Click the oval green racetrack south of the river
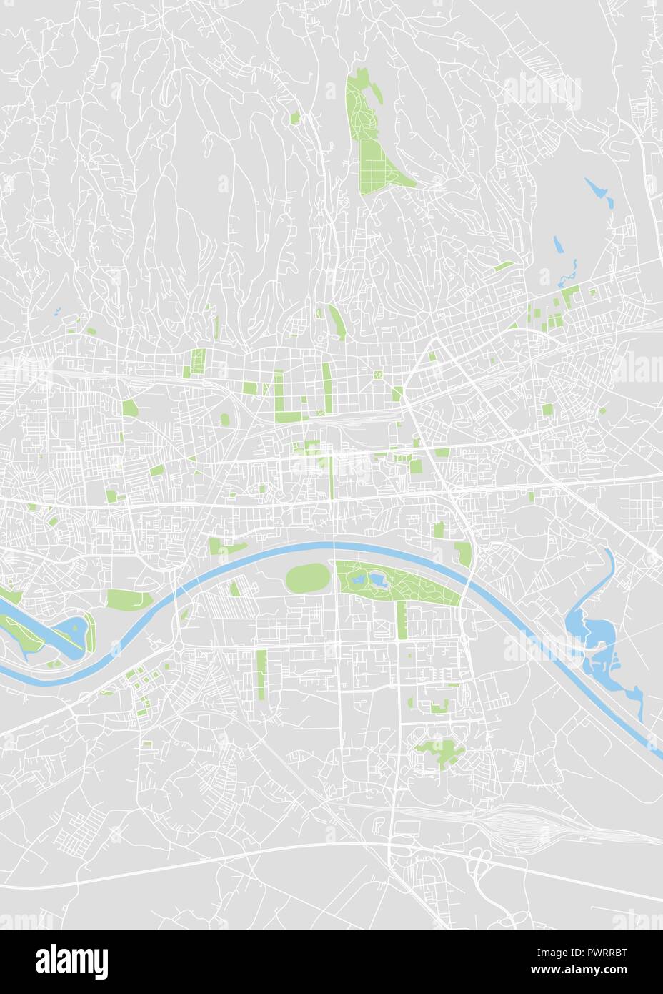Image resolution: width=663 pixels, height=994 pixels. [307, 578]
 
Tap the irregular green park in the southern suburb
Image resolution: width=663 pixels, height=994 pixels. [439, 750]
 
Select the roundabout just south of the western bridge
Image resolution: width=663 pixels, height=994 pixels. [176, 647]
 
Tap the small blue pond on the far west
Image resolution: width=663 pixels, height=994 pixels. [56, 311]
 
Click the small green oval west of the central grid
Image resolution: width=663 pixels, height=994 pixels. [225, 419]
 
